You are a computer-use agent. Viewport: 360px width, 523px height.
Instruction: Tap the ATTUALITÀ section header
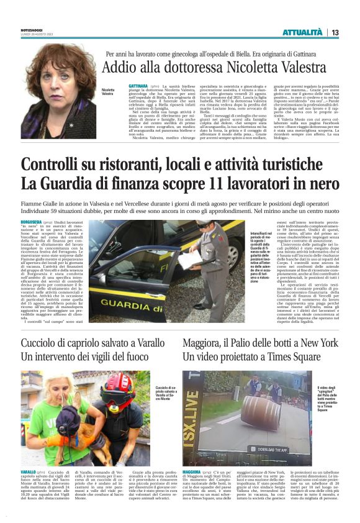[x=302, y=32]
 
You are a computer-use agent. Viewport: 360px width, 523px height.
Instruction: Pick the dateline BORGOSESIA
[x=32, y=222]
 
